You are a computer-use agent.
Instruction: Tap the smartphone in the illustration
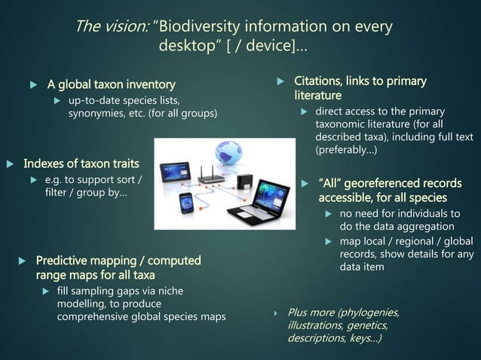pos(186,203)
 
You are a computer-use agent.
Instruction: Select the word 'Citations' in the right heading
pos(321,81)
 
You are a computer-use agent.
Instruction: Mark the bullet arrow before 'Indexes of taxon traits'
pos(10,163)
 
